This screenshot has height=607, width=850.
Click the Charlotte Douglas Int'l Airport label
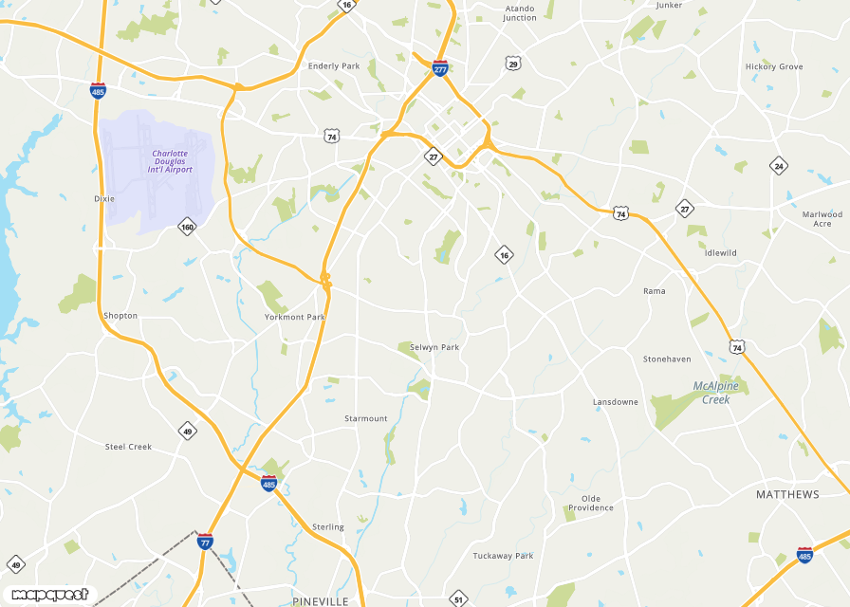[170, 161]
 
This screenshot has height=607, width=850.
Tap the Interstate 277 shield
[440, 68]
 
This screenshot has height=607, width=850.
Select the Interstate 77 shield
[205, 542]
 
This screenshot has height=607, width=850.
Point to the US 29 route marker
[513, 64]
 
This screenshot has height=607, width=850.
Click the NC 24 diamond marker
[779, 165]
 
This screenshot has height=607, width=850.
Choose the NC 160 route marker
[187, 227]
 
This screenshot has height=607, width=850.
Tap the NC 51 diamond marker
[458, 599]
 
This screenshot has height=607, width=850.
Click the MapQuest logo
[49, 595]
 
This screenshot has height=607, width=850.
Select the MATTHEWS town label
[787, 495]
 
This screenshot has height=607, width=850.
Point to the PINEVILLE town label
[321, 601]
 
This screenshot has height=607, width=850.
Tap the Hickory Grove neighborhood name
[774, 66]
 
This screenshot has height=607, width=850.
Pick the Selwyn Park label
[434, 347]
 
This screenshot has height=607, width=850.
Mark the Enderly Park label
[334, 66]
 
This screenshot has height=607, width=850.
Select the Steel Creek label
[128, 446]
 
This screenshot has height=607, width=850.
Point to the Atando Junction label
[520, 13]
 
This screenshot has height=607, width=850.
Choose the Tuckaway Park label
[503, 556]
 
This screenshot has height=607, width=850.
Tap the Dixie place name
[103, 199]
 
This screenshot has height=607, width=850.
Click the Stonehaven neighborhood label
[667, 359]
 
